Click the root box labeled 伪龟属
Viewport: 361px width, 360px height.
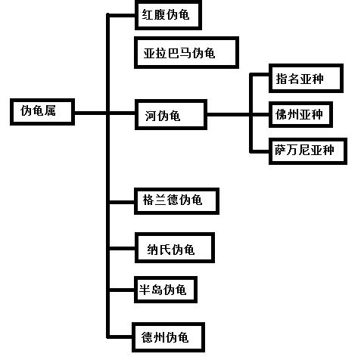click(x=43, y=112)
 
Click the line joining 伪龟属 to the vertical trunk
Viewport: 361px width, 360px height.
click(x=92, y=113)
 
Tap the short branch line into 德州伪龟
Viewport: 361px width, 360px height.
click(x=123, y=335)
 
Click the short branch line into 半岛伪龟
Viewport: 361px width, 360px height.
click(x=123, y=289)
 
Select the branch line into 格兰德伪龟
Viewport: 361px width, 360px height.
click(x=123, y=201)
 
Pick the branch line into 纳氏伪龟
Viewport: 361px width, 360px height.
click(x=123, y=249)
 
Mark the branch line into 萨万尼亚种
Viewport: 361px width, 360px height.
click(x=261, y=150)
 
